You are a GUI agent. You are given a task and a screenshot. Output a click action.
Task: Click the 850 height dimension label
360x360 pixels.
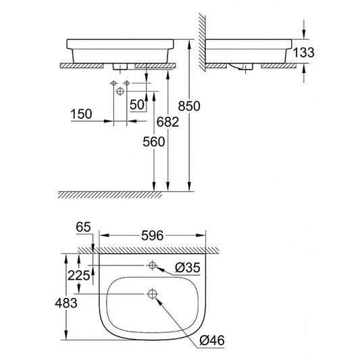189,106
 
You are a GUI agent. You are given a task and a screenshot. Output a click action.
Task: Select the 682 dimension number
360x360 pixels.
168,122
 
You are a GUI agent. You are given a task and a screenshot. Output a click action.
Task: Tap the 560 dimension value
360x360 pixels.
154,141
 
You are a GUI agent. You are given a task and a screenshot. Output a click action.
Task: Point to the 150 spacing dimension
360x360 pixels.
81,114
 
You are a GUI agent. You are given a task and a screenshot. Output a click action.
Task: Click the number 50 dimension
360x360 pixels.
137,105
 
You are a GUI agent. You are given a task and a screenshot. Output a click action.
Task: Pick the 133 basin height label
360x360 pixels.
303,53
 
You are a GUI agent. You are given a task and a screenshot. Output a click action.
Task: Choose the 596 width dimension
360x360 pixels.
152,236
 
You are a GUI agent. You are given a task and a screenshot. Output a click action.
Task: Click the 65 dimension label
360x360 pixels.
83,227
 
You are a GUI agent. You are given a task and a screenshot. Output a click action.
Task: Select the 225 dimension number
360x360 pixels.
78,276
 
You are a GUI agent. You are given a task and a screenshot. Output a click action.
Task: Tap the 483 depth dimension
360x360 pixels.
66,303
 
